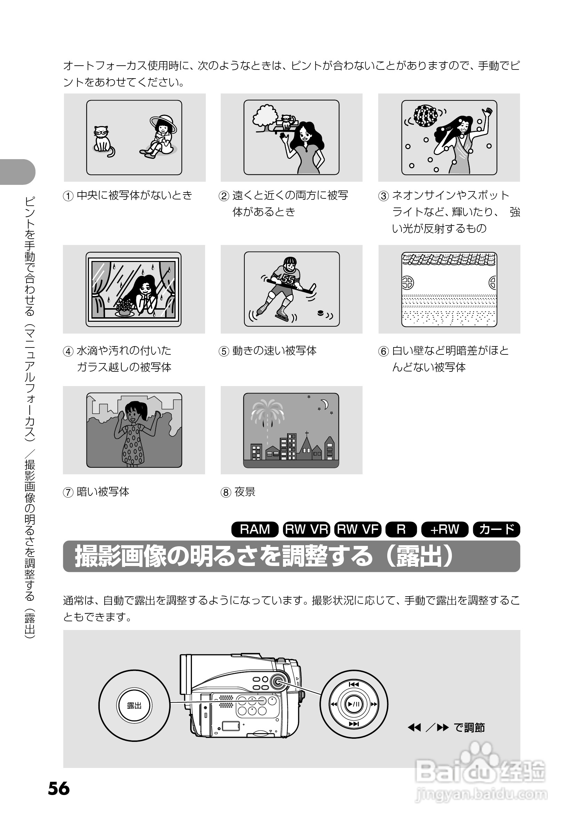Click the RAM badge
(255, 529)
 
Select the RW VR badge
(306, 529)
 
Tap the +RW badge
(445, 529)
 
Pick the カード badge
(496, 529)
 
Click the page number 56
(59, 788)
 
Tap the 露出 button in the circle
(134, 705)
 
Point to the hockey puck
(320, 313)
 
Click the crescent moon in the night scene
(325, 404)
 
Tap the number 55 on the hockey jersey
(288, 279)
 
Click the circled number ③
(383, 196)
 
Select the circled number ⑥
(383, 351)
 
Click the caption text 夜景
(245, 492)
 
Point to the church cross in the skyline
(307, 433)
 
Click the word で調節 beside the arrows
(469, 727)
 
